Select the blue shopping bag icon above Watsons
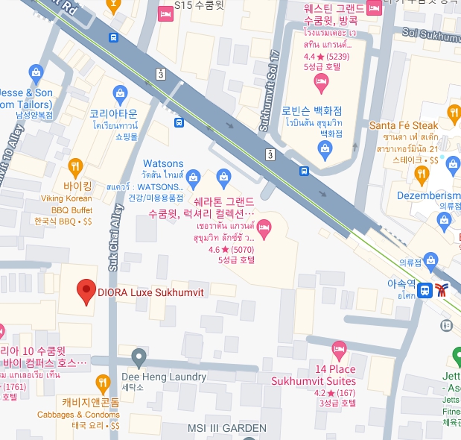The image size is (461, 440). click(x=194, y=177)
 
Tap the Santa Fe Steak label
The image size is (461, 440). click(x=404, y=126)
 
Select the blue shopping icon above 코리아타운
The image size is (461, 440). click(x=119, y=94)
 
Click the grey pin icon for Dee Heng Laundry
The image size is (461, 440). click(x=138, y=356)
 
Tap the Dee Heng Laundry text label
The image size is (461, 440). click(x=164, y=377)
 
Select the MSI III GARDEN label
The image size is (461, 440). click(x=226, y=428)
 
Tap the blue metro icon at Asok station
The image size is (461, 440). click(x=425, y=290)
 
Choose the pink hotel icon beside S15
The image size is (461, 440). click(x=165, y=13)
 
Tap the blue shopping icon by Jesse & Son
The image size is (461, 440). click(x=35, y=72)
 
